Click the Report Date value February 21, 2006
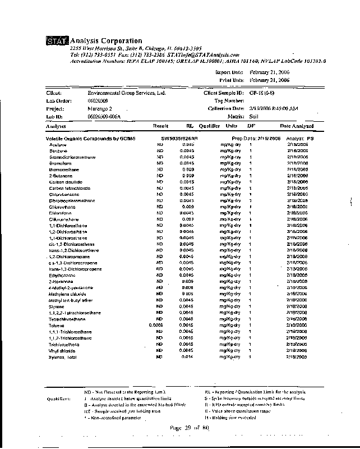269,72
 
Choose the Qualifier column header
209,126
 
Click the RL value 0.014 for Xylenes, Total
187,357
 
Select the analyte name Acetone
58,145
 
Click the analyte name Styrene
57,306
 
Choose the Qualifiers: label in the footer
58,398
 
